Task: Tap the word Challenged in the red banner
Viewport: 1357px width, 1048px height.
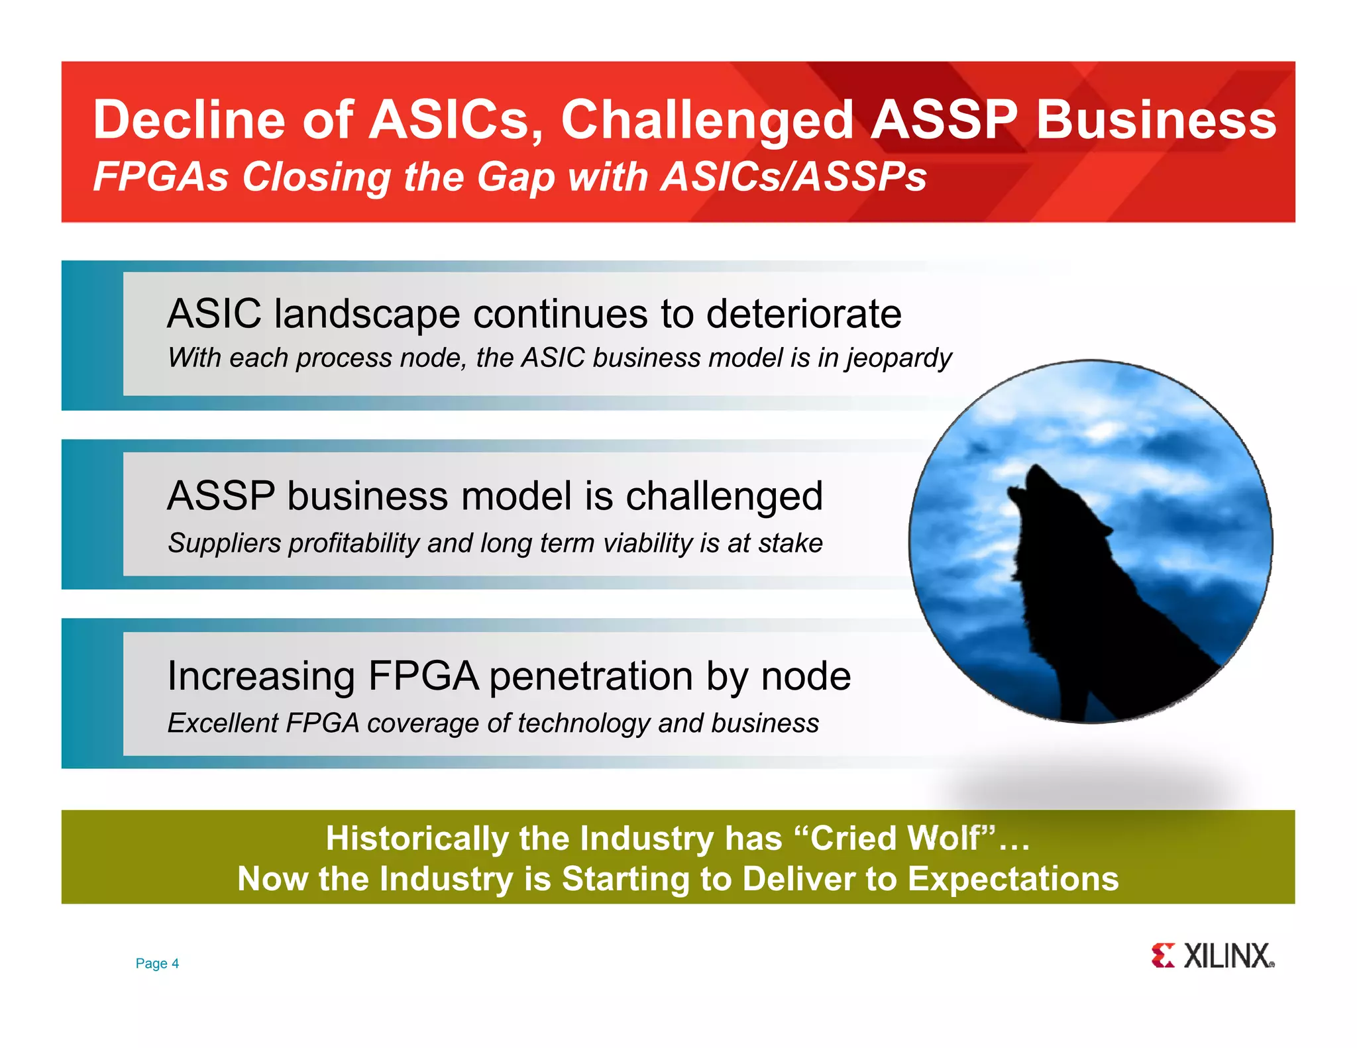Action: (707, 121)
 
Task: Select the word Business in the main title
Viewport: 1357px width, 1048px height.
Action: (1156, 119)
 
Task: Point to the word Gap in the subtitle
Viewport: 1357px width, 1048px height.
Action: (516, 177)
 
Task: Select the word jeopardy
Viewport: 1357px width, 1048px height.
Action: (898, 358)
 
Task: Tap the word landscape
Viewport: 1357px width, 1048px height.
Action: (367, 313)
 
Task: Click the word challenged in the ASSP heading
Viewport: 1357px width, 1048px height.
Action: (724, 496)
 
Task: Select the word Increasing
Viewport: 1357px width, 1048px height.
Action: (261, 676)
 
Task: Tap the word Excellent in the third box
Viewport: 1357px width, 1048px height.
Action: (222, 723)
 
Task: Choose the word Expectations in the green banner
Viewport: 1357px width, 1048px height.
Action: (1012, 878)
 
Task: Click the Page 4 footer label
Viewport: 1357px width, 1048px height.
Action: (157, 963)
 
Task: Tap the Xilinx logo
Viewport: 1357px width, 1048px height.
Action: (1212, 956)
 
